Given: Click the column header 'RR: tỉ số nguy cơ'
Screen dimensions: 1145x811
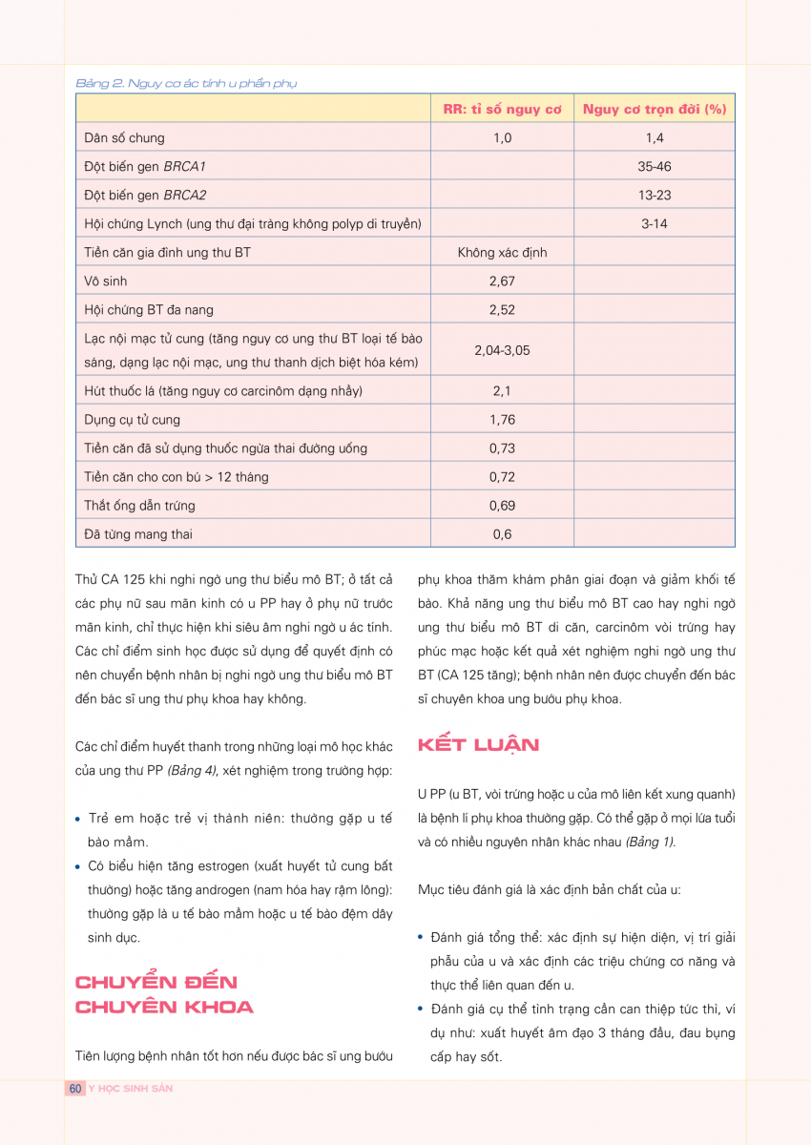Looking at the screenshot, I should [x=502, y=109].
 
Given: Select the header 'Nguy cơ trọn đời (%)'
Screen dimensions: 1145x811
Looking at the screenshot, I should [x=655, y=109].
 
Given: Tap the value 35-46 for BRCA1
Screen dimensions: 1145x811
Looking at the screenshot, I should [x=655, y=166].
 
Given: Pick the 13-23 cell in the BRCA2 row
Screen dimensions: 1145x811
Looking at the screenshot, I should [x=655, y=195].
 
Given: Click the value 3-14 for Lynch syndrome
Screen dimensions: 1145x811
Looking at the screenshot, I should [x=655, y=223].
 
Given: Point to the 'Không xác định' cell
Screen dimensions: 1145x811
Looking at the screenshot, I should [x=502, y=253].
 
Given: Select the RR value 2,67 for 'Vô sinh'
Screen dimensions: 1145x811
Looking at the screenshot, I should [x=502, y=281].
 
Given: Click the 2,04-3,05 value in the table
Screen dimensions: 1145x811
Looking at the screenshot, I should [x=502, y=350].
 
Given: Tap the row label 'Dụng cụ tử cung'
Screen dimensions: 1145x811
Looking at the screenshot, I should [x=132, y=420].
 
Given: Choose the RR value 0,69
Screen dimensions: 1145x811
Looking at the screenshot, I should [x=502, y=506].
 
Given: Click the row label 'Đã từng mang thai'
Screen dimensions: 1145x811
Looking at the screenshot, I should [x=138, y=534].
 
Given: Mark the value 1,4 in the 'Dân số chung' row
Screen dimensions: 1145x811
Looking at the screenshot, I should [x=655, y=137].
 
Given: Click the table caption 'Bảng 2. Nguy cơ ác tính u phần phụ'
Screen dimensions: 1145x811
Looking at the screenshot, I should [x=186, y=83].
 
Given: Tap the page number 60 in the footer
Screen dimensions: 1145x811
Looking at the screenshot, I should [x=75, y=1089].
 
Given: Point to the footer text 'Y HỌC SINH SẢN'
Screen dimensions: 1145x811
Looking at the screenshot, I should [x=131, y=1089].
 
